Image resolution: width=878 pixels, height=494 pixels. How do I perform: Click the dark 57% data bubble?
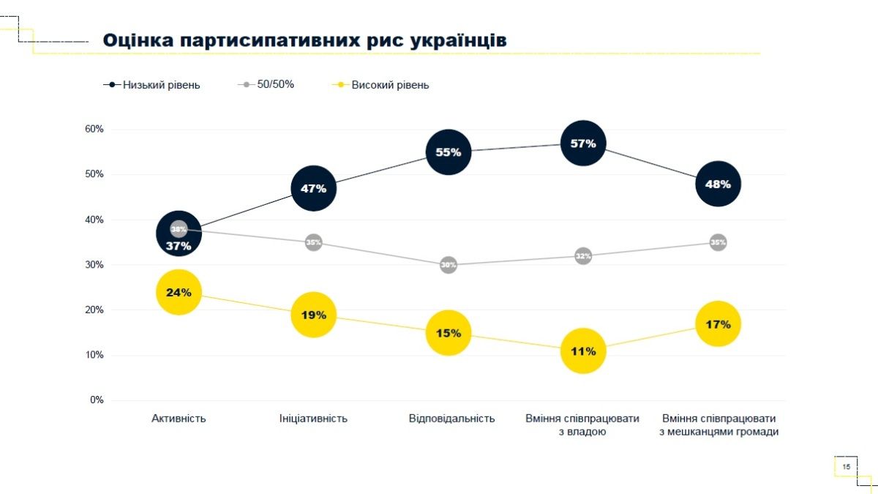coord(583,143)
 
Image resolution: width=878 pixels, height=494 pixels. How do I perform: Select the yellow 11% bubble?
coord(583,351)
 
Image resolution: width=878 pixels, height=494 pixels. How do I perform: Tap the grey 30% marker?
coord(449,265)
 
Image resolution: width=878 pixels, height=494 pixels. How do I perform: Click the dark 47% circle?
coord(313,188)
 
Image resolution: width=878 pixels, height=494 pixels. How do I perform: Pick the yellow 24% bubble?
coord(179,292)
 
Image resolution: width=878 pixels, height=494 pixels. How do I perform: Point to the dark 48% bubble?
coord(718,184)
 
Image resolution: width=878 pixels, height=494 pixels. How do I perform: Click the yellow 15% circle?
coord(449,333)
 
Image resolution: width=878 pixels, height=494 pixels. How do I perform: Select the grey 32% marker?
coord(583,256)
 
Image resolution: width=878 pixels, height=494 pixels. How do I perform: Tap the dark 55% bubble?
coord(449,152)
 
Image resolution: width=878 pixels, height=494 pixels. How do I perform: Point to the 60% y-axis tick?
coord(95,129)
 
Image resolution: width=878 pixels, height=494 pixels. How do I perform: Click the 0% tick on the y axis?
coord(97,400)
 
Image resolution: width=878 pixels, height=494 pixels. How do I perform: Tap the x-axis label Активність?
coord(179,419)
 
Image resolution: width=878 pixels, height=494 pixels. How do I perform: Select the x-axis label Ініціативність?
coord(313,419)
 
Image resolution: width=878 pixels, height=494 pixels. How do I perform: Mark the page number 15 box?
coord(846,466)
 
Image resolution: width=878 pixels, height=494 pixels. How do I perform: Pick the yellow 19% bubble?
coord(313,315)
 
